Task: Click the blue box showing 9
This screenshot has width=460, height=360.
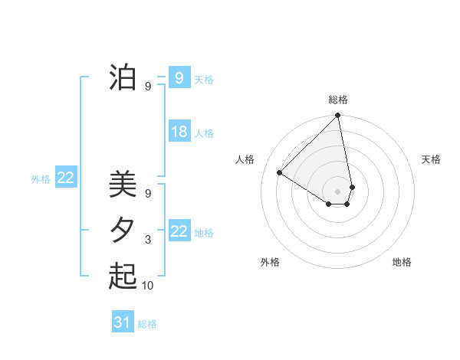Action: tap(179, 77)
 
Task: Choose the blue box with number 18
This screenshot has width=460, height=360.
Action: tap(179, 132)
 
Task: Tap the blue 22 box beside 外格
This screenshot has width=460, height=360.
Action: tap(65, 178)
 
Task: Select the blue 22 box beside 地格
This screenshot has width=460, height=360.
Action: tap(179, 231)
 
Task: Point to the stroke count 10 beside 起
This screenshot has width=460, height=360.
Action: tap(148, 286)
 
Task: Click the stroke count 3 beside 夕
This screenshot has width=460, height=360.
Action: tap(148, 240)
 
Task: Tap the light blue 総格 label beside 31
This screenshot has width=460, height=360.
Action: tap(147, 324)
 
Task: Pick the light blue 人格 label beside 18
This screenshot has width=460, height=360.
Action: tap(204, 133)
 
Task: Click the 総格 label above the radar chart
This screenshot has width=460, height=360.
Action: tap(338, 100)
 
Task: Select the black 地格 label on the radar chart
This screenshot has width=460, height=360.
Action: tap(402, 262)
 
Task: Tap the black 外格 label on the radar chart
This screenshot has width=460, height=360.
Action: tap(270, 262)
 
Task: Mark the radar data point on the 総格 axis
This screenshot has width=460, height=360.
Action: tap(338, 116)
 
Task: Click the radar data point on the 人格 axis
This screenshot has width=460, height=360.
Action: tap(280, 172)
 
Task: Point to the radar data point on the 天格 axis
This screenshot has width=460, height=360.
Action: tap(352, 186)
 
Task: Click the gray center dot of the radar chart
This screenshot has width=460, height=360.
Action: tap(338, 191)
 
